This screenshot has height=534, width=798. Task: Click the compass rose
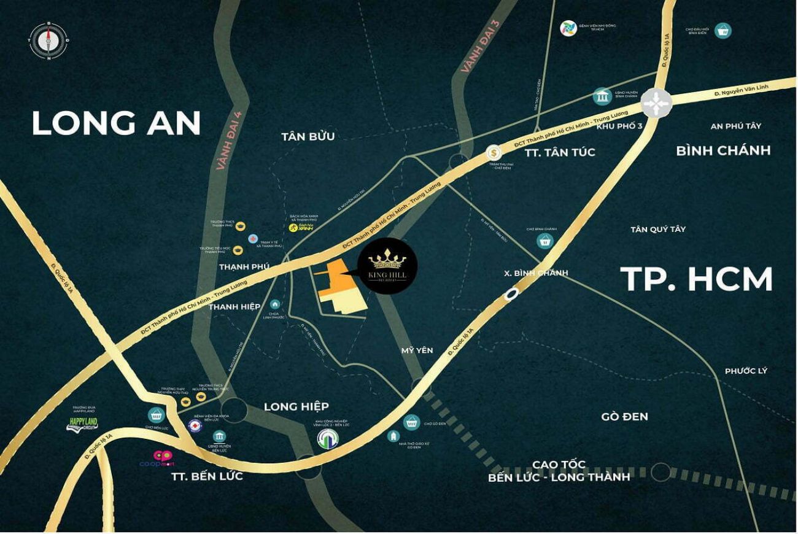(48, 41)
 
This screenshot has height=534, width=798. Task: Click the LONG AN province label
(116, 123)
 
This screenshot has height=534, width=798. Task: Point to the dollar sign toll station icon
(493, 152)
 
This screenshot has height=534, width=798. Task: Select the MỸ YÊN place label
(417, 350)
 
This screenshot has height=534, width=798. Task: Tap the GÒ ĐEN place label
(625, 417)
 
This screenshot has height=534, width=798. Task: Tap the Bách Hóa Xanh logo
(296, 228)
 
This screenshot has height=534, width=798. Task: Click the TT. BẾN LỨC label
(207, 476)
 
